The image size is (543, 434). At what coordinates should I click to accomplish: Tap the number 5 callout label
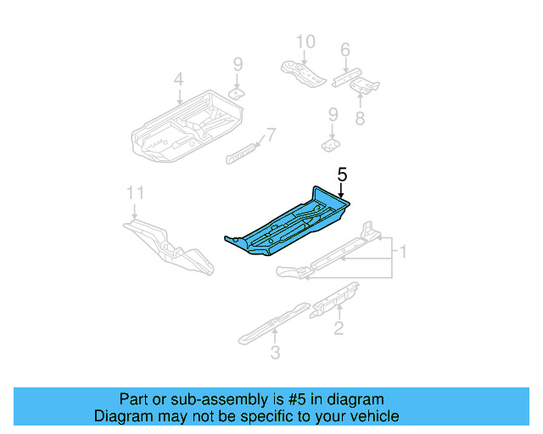[x=342, y=175]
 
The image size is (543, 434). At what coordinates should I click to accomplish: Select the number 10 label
[x=305, y=42]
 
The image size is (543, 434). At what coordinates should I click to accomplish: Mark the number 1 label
[x=404, y=252]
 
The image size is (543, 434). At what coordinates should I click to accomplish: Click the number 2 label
[x=339, y=328]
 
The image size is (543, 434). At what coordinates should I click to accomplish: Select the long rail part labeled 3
[x=271, y=322]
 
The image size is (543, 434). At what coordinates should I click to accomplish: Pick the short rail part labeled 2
[x=335, y=298]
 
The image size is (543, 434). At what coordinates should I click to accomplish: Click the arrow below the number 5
[x=342, y=192]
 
